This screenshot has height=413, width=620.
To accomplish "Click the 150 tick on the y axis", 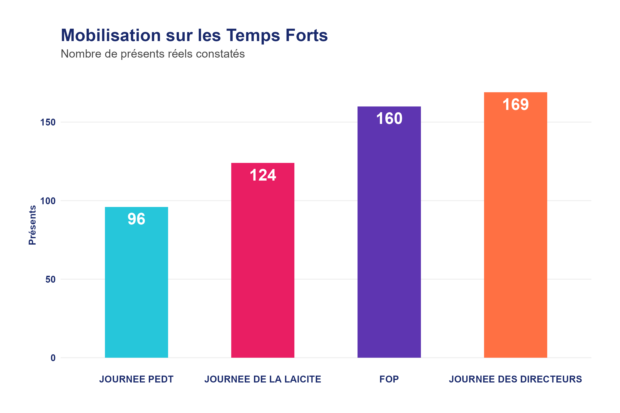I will (x=48, y=123).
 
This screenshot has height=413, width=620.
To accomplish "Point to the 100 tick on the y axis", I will (x=48, y=201).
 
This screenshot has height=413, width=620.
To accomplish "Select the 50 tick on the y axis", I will (x=50, y=279).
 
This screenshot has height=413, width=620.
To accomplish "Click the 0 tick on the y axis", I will (x=53, y=358).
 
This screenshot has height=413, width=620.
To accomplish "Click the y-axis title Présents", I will (x=32, y=225).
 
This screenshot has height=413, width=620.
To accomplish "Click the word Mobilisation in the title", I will (x=111, y=35).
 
